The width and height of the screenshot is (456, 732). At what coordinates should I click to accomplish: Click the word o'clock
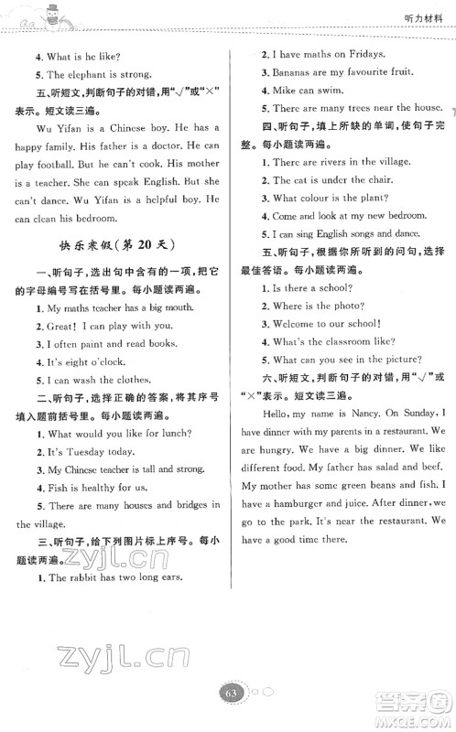pyautogui.click(x=92, y=366)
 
